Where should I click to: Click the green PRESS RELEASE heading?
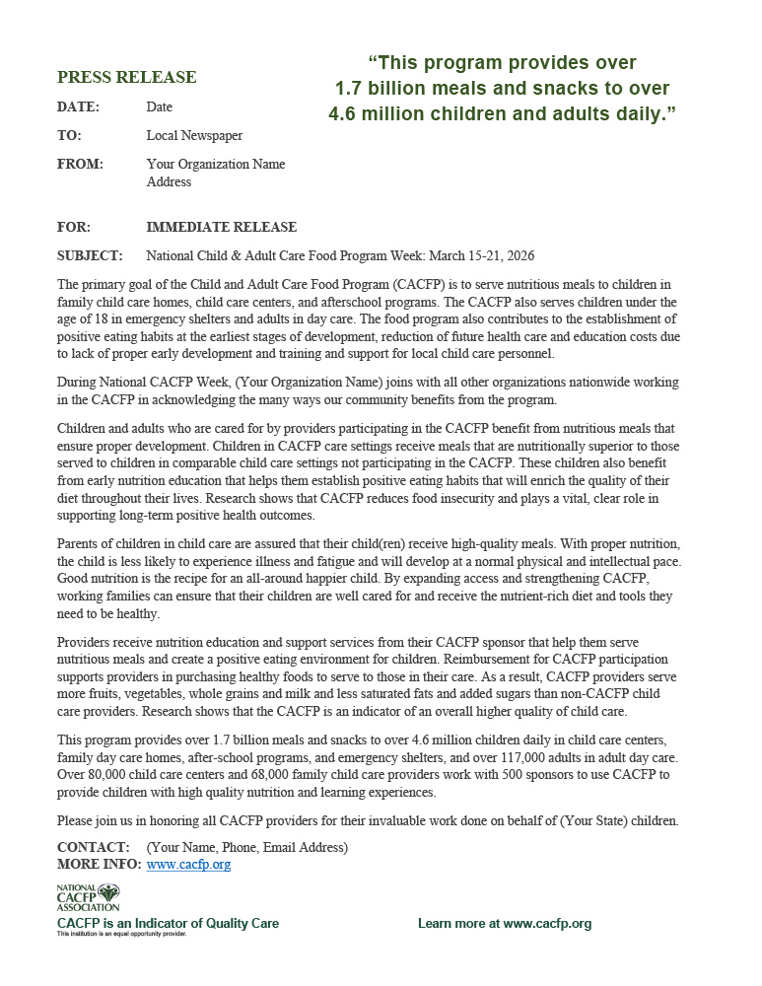126,77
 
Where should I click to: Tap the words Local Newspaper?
194,135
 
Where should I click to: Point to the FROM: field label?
79,164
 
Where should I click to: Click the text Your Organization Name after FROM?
216,164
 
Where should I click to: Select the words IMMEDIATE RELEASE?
221,227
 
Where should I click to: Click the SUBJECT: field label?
90,255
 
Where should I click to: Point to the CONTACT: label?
94,847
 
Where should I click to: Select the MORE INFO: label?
99,865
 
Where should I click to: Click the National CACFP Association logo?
88,897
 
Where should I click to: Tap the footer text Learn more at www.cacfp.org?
504,924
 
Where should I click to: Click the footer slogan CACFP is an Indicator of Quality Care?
168,924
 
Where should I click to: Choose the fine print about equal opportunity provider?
120,934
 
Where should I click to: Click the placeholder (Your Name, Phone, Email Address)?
246,847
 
